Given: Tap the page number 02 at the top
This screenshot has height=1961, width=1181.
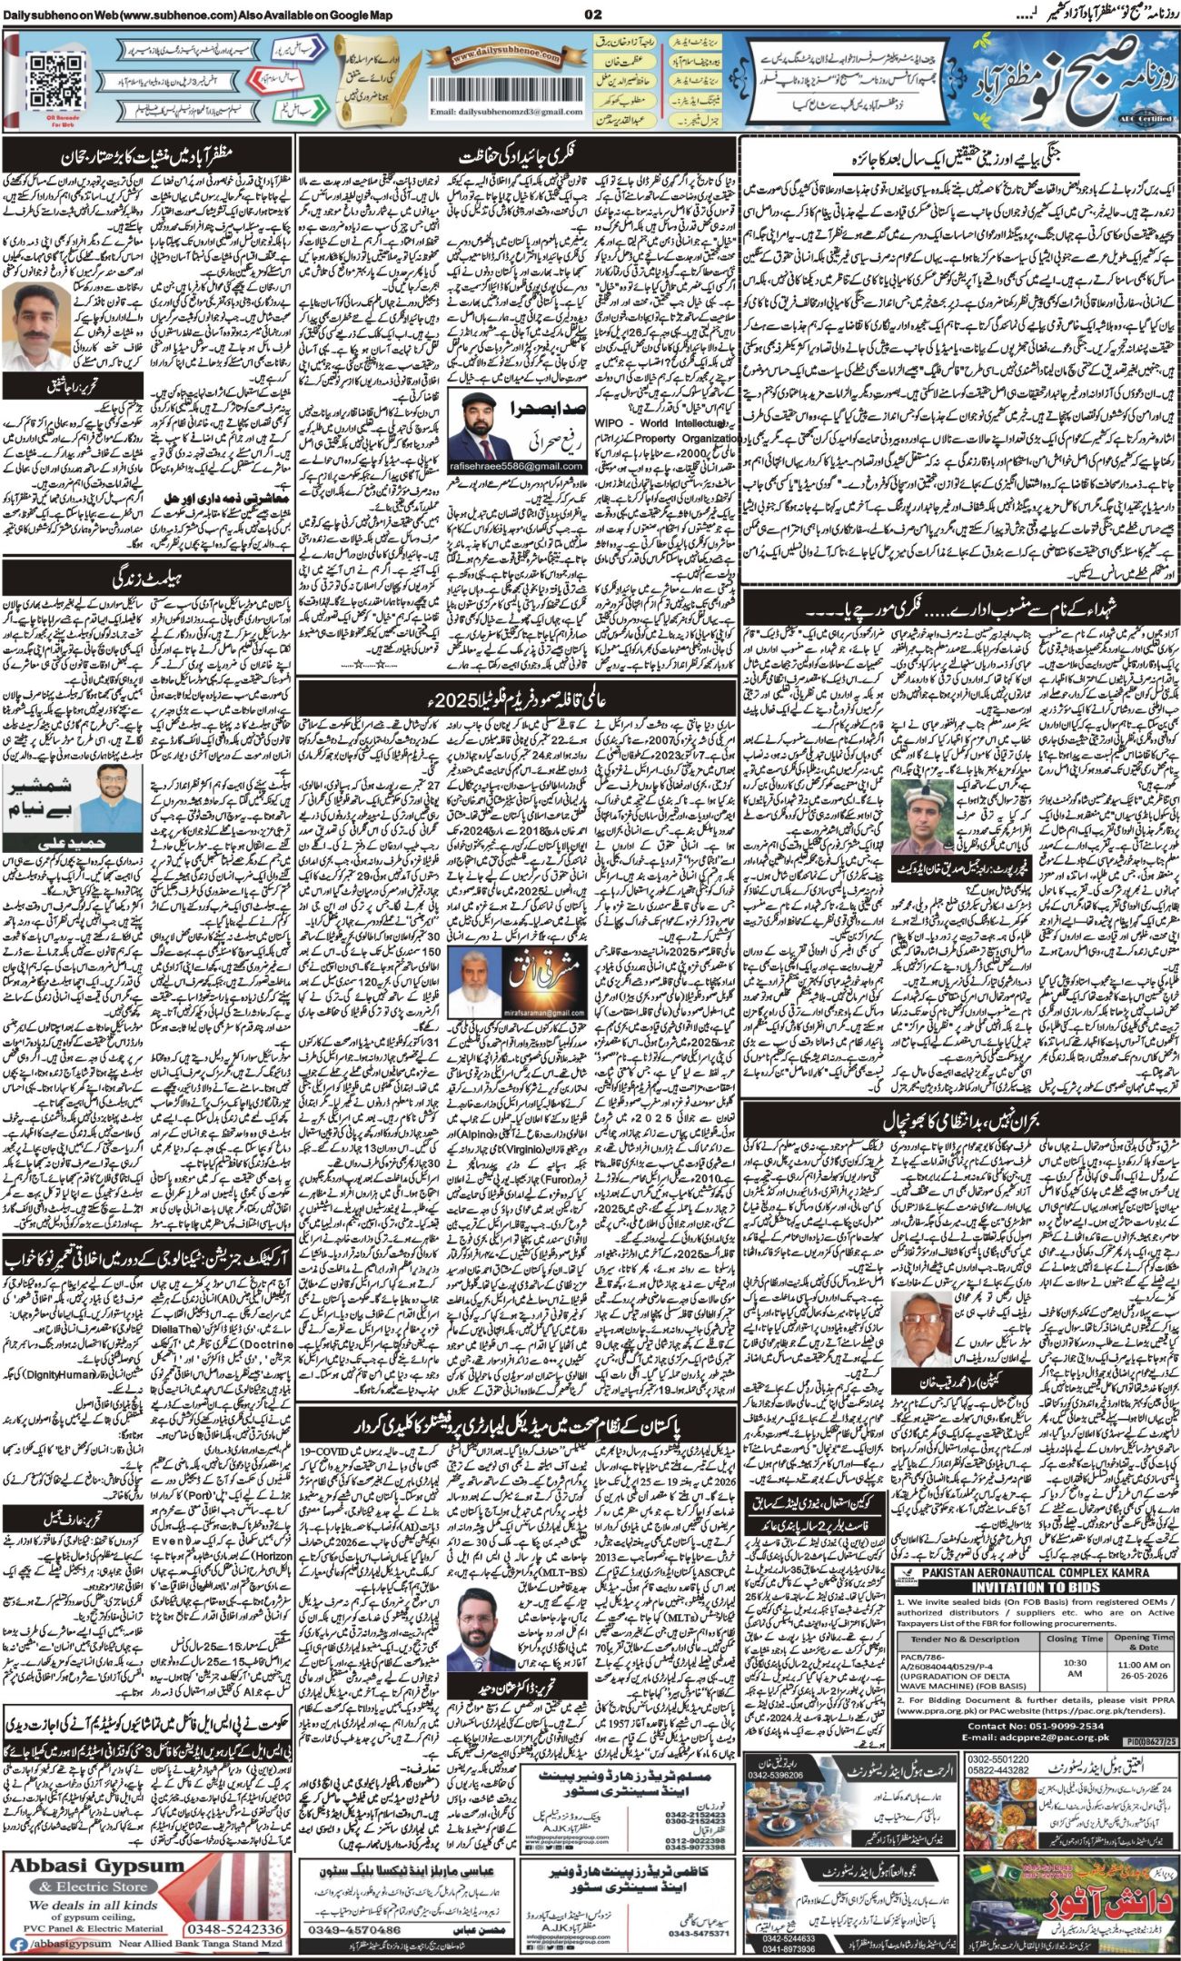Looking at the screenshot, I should (593, 14).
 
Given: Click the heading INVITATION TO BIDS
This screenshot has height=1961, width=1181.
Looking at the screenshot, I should (1035, 1585).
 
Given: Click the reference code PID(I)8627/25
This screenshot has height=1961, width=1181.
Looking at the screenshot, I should (1149, 1741).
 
